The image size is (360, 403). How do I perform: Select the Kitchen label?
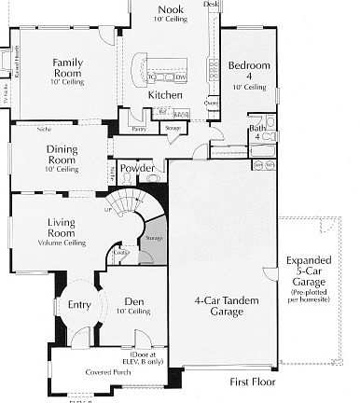click(x=163, y=95)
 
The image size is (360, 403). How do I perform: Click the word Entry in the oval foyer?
click(x=79, y=303)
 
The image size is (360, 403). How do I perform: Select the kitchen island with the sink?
click(x=163, y=72)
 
